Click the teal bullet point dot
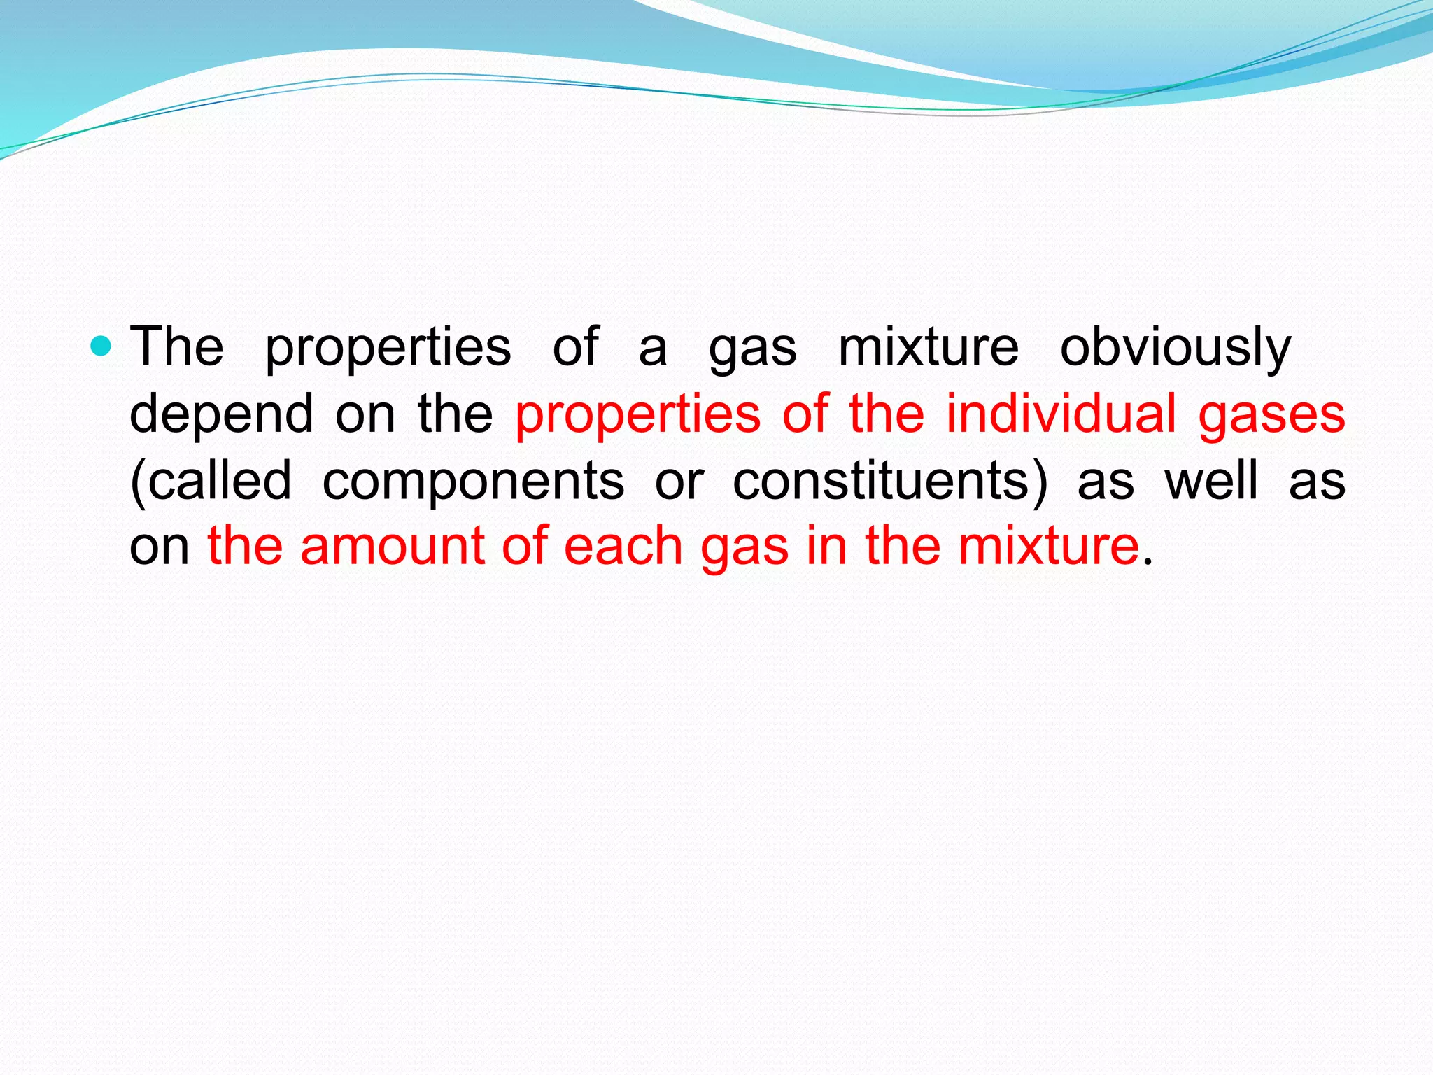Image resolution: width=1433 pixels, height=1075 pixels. click(101, 346)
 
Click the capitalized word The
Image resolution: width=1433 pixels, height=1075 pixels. click(177, 346)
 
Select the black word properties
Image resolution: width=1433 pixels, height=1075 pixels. click(388, 348)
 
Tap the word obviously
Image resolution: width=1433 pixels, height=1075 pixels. click(1176, 348)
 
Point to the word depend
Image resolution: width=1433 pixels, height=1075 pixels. click(222, 414)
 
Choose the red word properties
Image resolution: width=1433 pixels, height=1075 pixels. click(637, 414)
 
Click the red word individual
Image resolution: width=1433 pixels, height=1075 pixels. click(1061, 413)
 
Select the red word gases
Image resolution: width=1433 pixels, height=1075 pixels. click(1272, 414)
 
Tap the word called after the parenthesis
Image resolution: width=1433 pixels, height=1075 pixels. click(220, 481)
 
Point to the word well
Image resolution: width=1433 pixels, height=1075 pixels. click(1211, 481)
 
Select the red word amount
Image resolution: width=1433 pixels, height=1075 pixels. click(392, 547)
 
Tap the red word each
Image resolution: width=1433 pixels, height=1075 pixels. click(623, 547)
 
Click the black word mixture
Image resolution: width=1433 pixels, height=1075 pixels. click(929, 347)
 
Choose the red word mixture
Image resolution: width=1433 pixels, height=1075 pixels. click(1049, 547)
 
